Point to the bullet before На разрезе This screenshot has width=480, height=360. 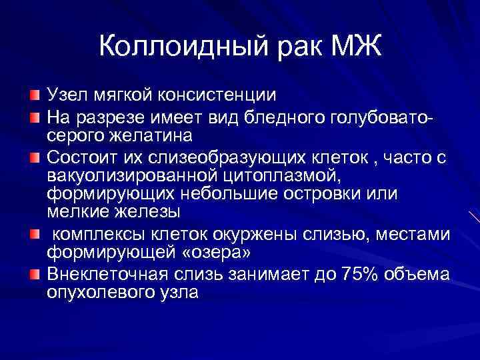pos(34,119)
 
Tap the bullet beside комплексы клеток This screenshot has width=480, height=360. pos(34,234)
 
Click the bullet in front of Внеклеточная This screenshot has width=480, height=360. pos(34,275)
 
